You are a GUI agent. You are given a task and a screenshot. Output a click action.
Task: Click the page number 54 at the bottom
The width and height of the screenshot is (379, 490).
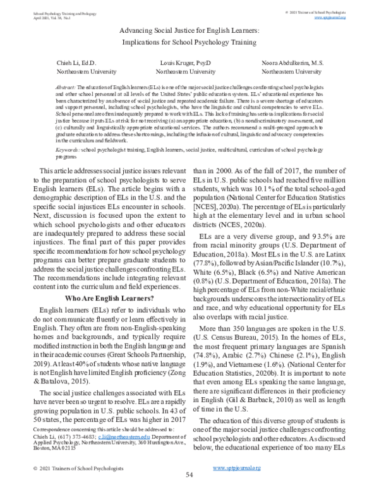[189, 474]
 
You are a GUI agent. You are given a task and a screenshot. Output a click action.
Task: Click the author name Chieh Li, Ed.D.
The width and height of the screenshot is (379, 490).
[76, 64]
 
